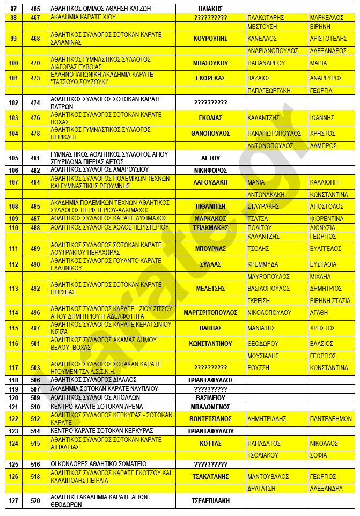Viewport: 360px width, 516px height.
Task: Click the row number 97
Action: coord(13,9)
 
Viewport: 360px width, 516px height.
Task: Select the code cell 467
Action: coord(35,17)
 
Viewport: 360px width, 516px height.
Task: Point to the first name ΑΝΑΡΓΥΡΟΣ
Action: coord(326,78)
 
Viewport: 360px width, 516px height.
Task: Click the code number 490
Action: coord(35,264)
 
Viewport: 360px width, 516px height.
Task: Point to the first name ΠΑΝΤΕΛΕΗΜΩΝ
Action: coord(330,419)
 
